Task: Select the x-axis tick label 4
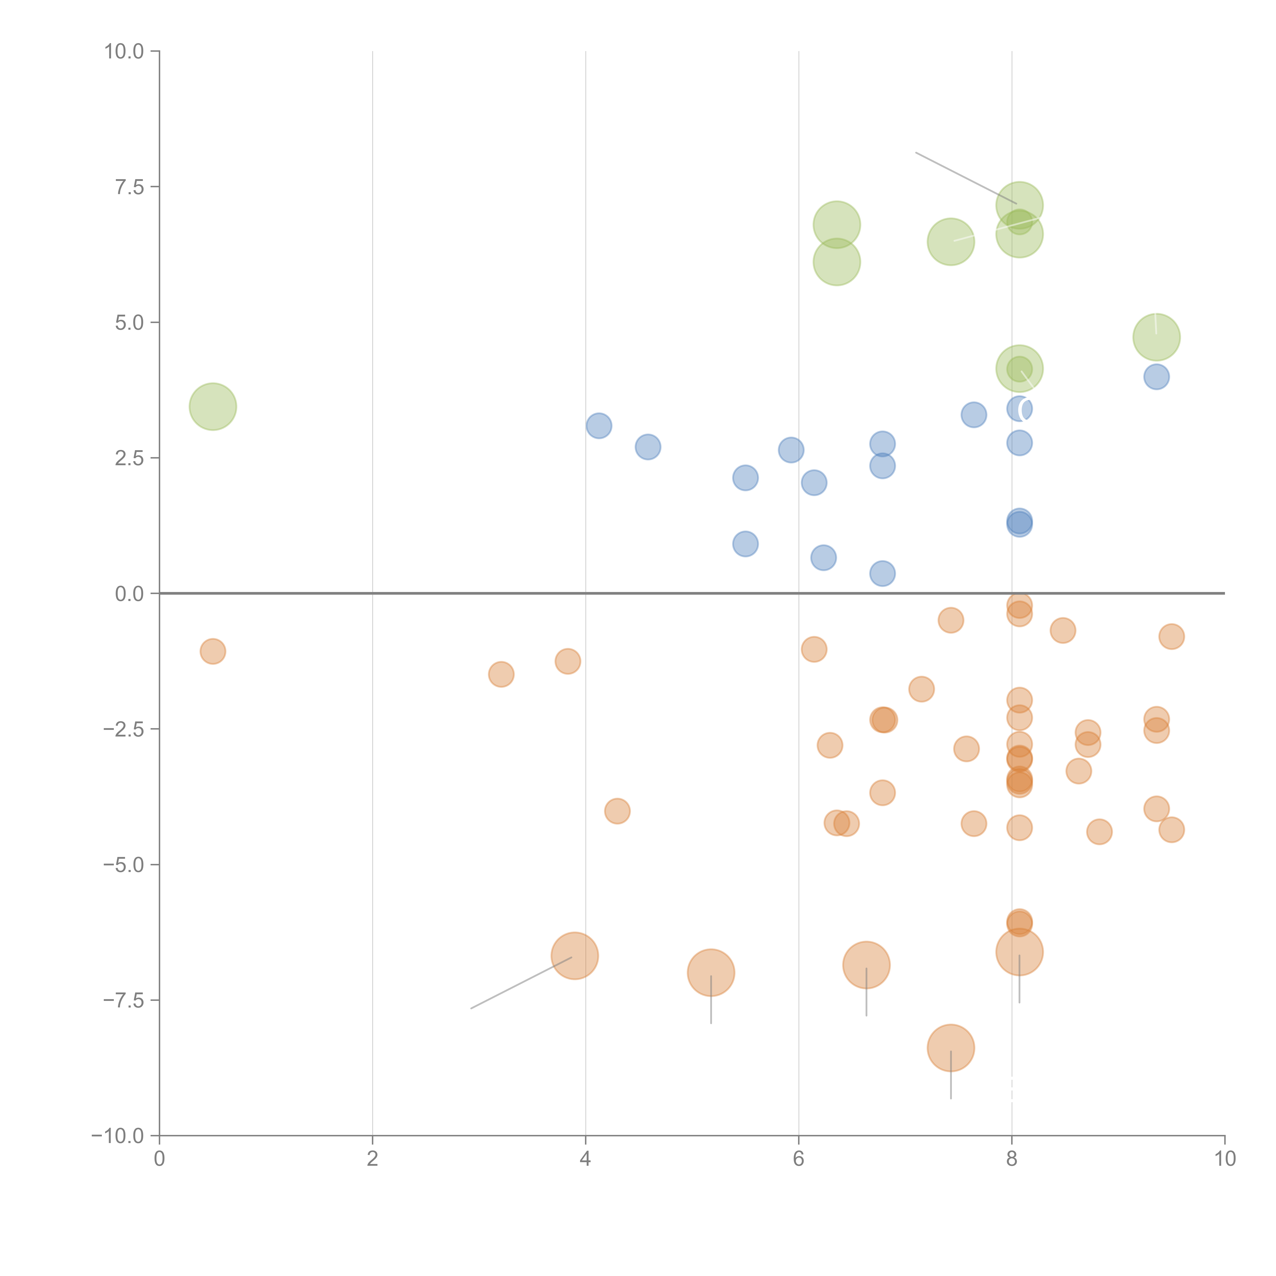[585, 1159]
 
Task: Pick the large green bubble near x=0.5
[213, 406]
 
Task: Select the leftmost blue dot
[598, 425]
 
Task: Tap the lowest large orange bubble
[950, 1048]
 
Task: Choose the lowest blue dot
[882, 573]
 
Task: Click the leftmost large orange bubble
[575, 956]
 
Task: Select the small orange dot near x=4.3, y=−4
[617, 811]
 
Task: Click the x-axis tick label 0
[159, 1159]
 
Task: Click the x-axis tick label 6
[799, 1159]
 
